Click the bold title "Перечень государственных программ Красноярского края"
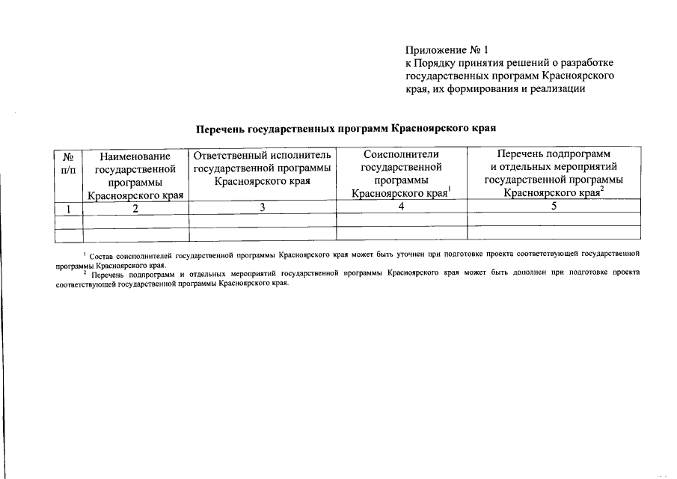(346, 129)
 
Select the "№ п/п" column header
(67, 163)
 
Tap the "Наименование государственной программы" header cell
(135, 175)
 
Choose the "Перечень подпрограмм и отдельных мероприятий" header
(553, 173)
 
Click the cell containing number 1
(67, 208)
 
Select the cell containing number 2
(135, 209)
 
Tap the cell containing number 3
(263, 207)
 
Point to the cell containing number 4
(402, 207)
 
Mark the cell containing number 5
(554, 207)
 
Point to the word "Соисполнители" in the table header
(401, 155)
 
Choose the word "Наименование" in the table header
(135, 156)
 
